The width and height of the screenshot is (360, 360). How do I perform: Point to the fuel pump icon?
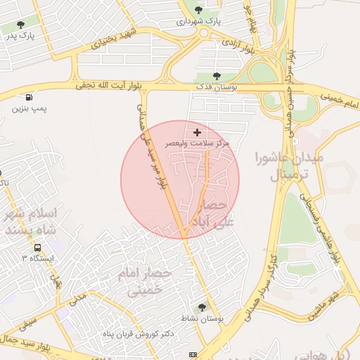tap(28, 98)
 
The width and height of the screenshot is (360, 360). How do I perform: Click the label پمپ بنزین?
tap(29, 110)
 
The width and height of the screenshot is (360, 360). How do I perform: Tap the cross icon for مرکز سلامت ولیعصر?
tap(197, 131)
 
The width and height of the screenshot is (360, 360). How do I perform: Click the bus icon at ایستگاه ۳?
tap(37, 247)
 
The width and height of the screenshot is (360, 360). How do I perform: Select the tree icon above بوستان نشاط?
tap(202, 307)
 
